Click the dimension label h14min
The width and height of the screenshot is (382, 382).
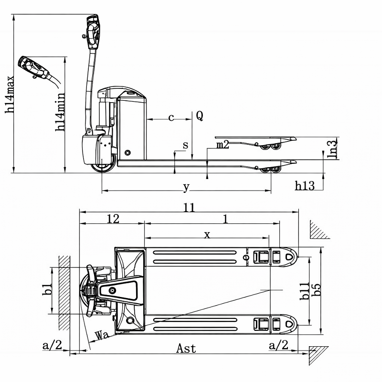pyautogui.click(x=61, y=113)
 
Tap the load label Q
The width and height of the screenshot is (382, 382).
pyautogui.click(x=200, y=116)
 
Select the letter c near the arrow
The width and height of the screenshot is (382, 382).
pyautogui.click(x=171, y=117)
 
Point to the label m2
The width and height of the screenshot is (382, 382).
pyautogui.click(x=223, y=144)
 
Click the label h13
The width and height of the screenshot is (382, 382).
pyautogui.click(x=305, y=186)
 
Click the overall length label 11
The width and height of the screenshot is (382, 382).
pyautogui.click(x=189, y=208)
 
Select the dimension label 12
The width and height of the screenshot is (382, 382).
pyautogui.click(x=113, y=219)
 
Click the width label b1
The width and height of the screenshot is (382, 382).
pyautogui.click(x=47, y=289)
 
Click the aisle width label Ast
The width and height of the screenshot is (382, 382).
pyautogui.click(x=186, y=348)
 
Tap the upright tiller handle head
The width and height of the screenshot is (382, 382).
pyautogui.click(x=93, y=31)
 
